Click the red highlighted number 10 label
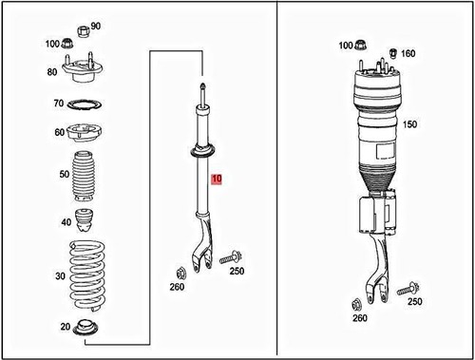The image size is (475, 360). point(217,179)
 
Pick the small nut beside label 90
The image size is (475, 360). point(82,28)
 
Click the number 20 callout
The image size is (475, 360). point(65,328)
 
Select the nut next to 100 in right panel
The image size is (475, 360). point(364,44)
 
